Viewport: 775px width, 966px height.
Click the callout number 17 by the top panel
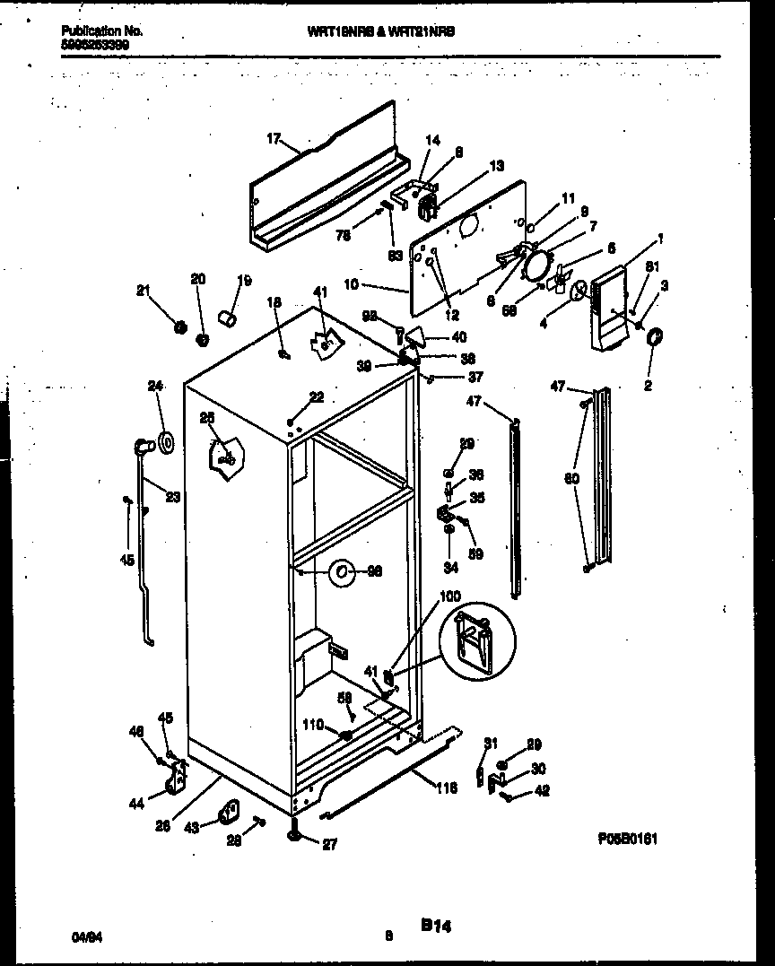(x=274, y=138)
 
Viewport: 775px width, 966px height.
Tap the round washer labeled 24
(x=165, y=442)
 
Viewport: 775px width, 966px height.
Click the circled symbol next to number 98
(x=341, y=571)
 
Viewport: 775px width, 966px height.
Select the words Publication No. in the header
(x=101, y=30)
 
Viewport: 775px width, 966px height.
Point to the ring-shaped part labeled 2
(x=654, y=337)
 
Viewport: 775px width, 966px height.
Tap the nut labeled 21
(x=179, y=326)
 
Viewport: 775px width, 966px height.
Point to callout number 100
(x=449, y=596)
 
